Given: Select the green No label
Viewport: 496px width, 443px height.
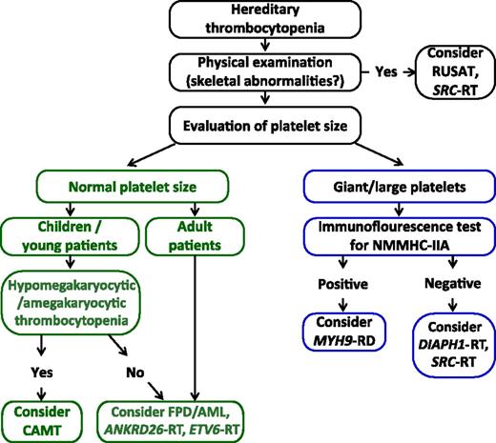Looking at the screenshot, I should click(99, 363).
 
